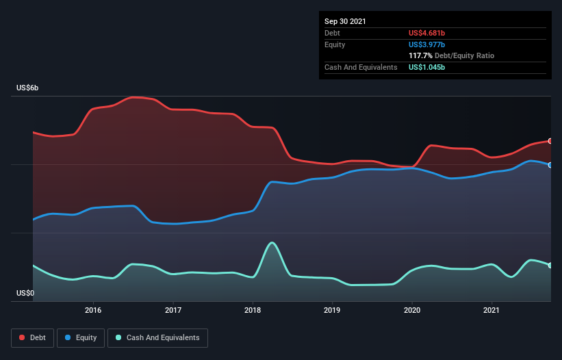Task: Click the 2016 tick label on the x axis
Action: (93, 310)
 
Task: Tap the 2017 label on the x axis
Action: (173, 310)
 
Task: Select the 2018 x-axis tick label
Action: (253, 310)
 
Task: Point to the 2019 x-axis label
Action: (332, 310)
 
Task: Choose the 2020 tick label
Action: (412, 310)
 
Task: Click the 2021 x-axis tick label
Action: (491, 310)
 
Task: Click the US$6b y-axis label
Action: (28, 88)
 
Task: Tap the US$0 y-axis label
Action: (25, 293)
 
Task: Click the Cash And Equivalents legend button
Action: (157, 337)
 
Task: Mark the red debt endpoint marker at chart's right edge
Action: (550, 141)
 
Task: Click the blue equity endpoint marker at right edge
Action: (550, 165)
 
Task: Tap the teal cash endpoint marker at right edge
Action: (550, 266)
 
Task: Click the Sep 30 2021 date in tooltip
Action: (345, 21)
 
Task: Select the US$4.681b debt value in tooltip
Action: (432, 33)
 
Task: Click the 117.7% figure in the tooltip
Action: (421, 55)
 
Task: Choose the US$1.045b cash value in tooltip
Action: (432, 67)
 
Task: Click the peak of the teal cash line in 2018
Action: (272, 242)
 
